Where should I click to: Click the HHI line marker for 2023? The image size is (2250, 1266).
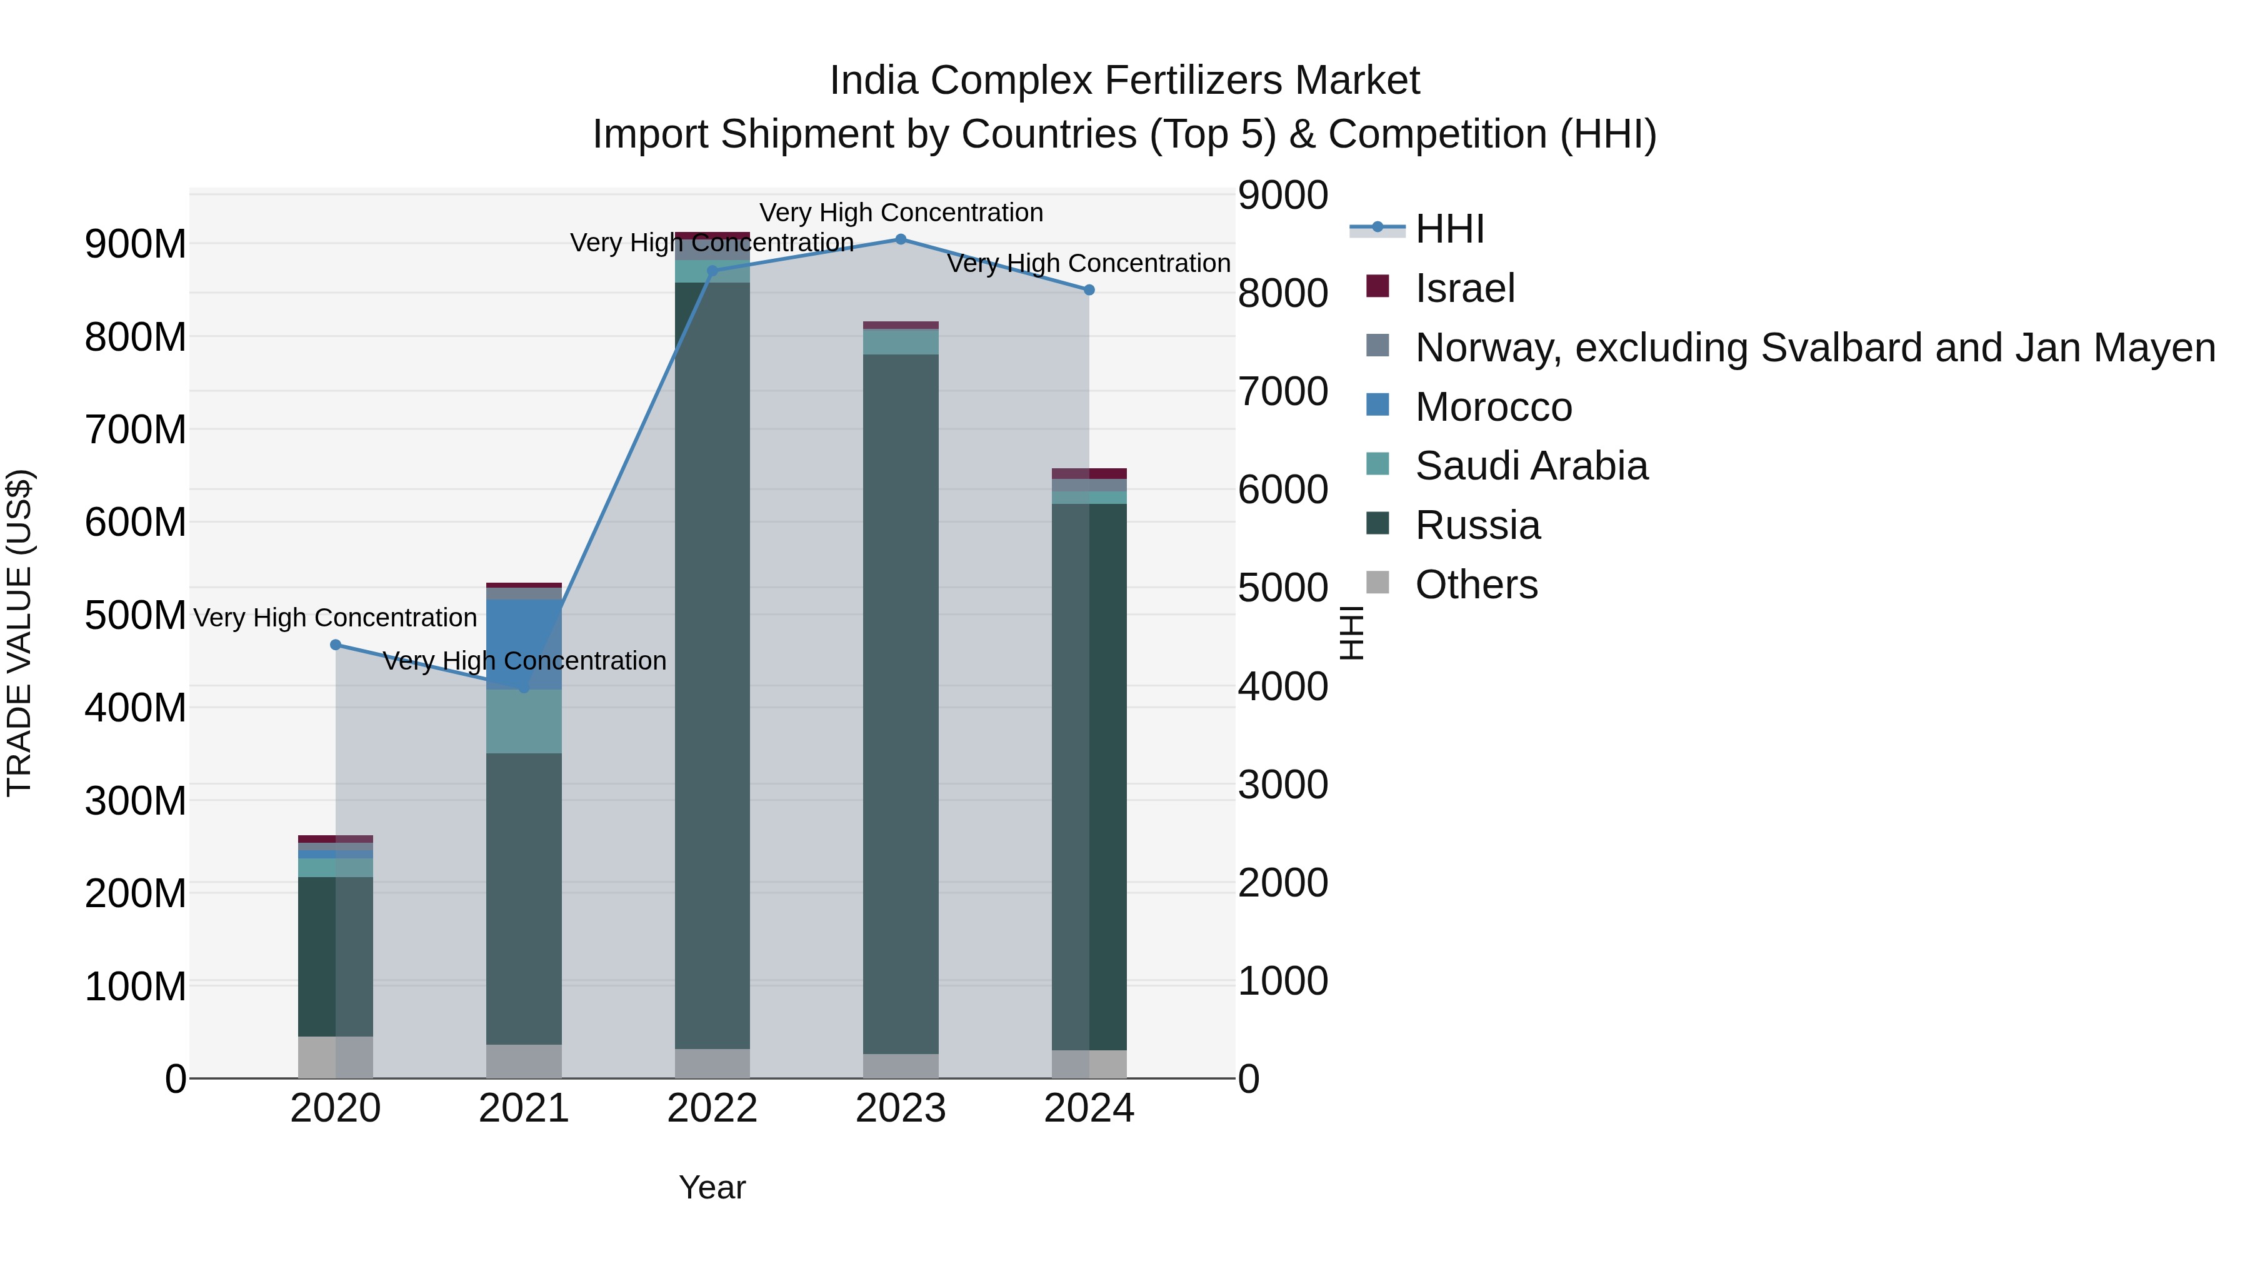901,239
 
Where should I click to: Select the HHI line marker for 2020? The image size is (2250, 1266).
336,645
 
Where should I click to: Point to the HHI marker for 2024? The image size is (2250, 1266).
1089,290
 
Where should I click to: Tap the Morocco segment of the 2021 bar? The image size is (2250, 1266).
524,644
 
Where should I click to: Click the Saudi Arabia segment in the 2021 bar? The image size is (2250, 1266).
524,721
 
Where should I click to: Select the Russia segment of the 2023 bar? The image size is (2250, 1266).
901,703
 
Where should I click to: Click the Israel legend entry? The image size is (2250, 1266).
1465,288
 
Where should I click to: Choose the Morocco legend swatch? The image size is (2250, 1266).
1377,405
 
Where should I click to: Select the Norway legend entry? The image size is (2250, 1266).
1815,348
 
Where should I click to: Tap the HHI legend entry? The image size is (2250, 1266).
1450,229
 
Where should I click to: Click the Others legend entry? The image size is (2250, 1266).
1476,585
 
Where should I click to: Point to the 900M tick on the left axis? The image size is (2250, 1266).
136,244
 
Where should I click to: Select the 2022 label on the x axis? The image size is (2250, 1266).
712,1108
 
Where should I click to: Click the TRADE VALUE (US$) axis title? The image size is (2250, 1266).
19,633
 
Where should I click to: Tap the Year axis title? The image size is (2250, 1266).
712,1187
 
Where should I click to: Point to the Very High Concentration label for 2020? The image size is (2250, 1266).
336,618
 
